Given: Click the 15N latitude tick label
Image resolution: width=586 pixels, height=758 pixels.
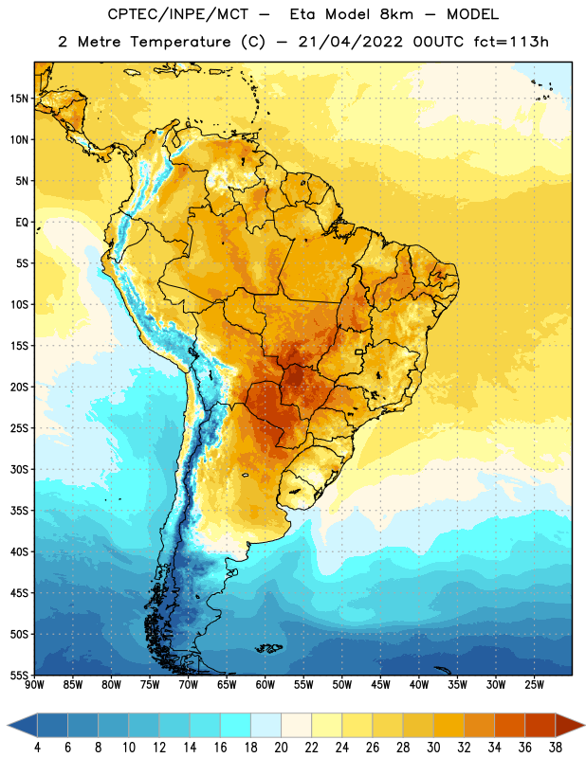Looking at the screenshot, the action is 19,99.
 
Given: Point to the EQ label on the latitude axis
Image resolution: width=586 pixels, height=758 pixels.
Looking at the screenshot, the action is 22,223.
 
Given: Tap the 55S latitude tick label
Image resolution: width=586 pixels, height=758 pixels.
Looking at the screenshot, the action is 19,675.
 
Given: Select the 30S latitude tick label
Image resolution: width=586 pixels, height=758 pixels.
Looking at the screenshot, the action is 19,469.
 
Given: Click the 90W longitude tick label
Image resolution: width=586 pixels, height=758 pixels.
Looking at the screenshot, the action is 35,684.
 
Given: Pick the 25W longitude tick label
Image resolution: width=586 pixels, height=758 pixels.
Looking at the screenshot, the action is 534,684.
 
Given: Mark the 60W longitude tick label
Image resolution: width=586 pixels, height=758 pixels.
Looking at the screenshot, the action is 266,684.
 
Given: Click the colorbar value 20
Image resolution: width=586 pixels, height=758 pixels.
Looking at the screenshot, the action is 281,748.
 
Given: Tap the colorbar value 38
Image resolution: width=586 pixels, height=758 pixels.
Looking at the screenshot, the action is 556,748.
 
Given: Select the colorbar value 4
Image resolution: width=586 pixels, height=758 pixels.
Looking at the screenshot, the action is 37,748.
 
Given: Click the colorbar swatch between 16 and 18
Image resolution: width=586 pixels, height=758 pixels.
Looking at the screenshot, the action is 236,725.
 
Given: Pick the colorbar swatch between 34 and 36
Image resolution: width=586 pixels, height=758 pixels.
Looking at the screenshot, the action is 510,725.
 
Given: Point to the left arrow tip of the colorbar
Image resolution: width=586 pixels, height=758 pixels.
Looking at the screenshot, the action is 8,725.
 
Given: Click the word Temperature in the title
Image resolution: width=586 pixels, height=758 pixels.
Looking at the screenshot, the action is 180,42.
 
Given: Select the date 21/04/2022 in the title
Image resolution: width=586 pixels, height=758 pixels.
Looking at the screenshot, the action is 350,42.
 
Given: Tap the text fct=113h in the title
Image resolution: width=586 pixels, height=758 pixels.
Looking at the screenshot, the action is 511,42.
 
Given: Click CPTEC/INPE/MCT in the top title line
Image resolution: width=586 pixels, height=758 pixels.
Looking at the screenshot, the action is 178,14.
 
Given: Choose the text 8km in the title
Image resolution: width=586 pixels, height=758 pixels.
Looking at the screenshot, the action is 396,14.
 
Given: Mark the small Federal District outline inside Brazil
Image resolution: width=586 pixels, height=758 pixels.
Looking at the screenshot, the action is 359,352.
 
